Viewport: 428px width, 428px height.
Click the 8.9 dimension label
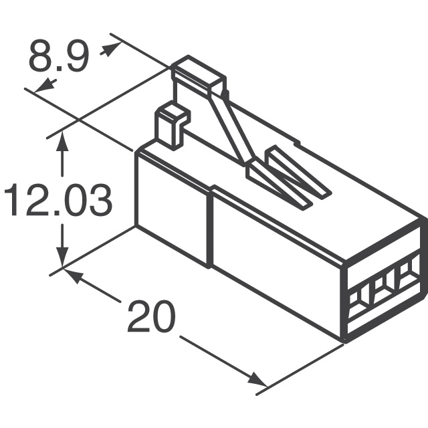click(58, 58)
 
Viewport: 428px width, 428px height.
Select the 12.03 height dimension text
click(56, 201)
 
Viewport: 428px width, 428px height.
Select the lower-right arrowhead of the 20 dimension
click(257, 380)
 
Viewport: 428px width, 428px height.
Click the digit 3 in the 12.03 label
click(98, 201)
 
